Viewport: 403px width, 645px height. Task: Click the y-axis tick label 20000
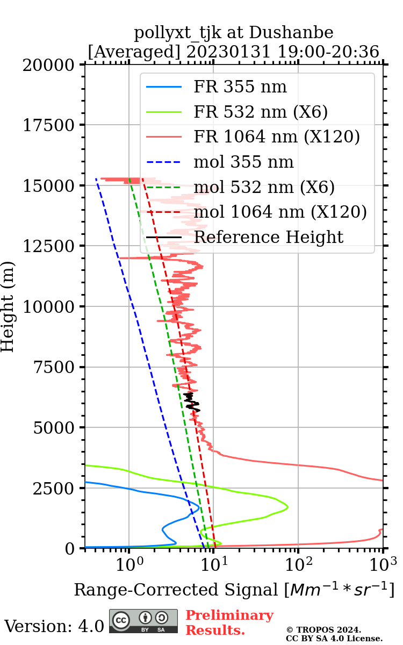[49, 65]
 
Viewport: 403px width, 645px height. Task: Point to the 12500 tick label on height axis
[49, 246]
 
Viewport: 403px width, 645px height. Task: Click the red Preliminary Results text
[229, 622]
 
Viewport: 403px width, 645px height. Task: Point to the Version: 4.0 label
[54, 626]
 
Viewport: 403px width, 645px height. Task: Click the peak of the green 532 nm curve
[287, 507]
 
